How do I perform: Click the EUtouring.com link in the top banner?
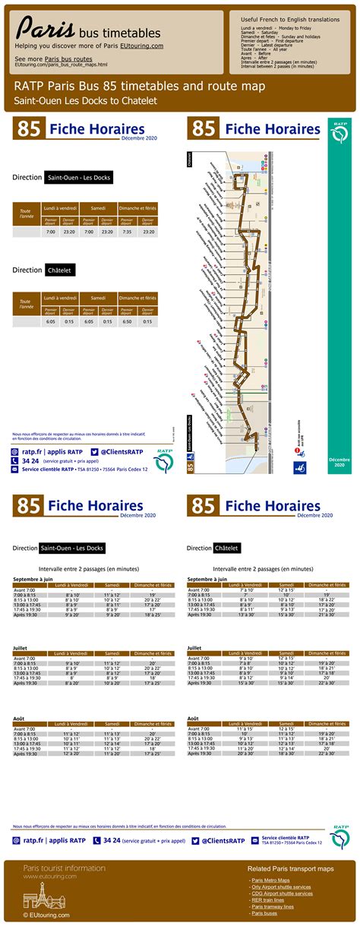tap(141, 46)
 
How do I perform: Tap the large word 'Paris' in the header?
tap(46, 29)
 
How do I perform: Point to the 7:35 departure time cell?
tap(127, 232)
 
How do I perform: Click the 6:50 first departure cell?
tap(127, 321)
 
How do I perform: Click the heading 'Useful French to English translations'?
tap(290, 17)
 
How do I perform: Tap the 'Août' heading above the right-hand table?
tap(193, 718)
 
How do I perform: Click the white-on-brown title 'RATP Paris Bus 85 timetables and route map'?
tap(140, 87)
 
